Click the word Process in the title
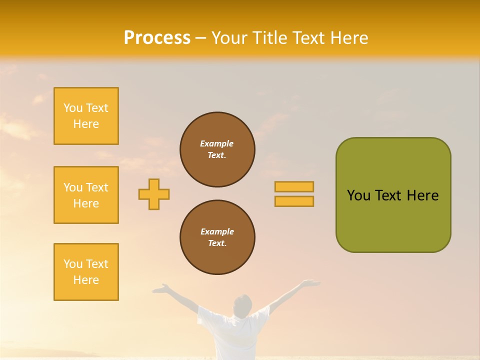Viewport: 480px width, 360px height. point(157,38)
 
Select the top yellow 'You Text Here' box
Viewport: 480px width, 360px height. point(86,116)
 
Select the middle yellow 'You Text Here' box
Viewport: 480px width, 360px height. point(86,195)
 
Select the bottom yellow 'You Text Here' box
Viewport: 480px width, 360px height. point(86,272)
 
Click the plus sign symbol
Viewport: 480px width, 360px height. point(154,194)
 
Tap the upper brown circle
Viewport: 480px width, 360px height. point(217,149)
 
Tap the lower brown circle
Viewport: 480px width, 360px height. point(217,237)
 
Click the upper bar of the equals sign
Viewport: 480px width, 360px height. point(294,187)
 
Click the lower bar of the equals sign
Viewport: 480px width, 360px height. point(294,201)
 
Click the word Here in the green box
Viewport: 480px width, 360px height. point(422,195)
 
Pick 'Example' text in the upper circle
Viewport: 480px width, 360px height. point(217,143)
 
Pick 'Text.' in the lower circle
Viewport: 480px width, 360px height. point(217,243)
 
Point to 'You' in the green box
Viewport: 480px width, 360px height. point(358,195)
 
